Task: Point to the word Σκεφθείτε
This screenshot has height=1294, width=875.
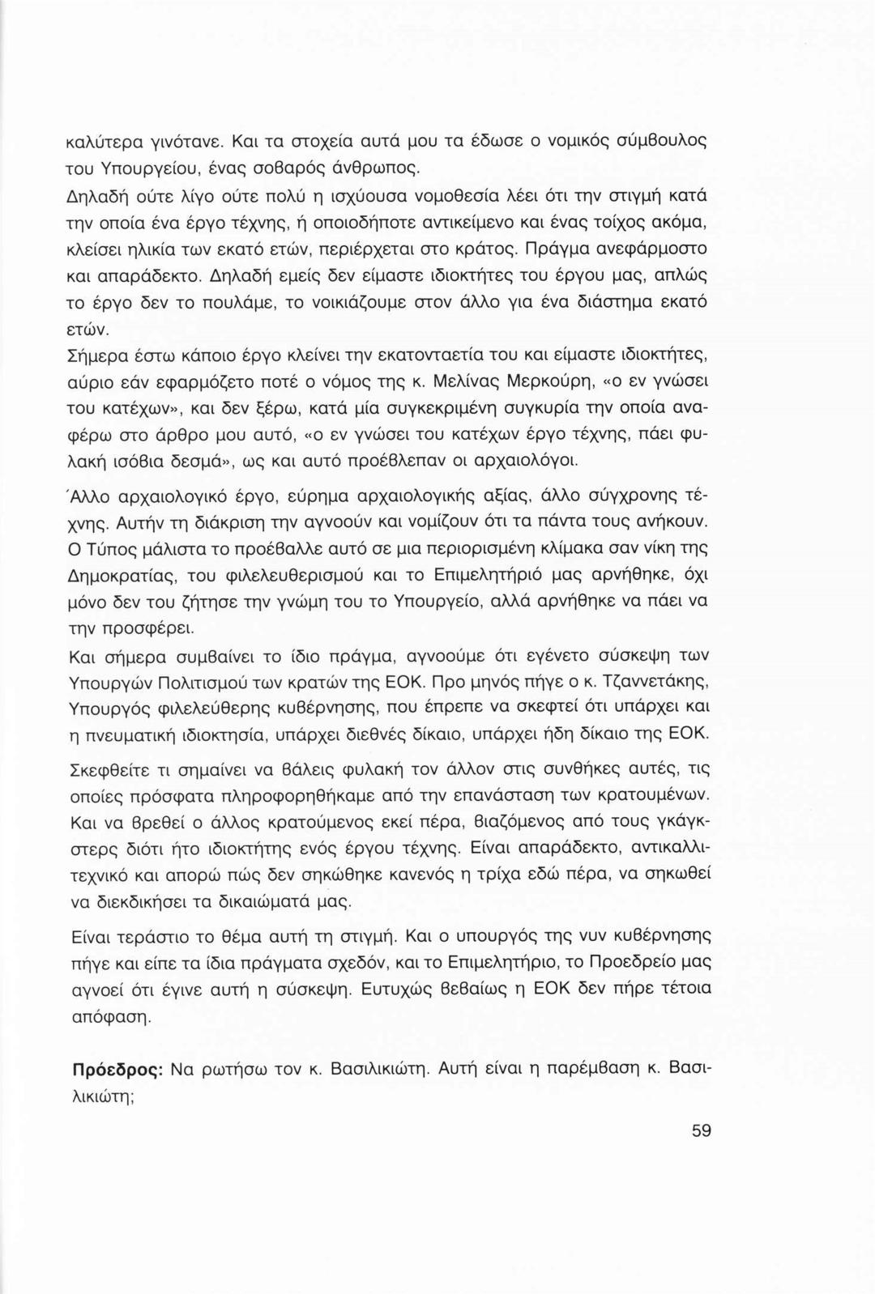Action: click(115, 767)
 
